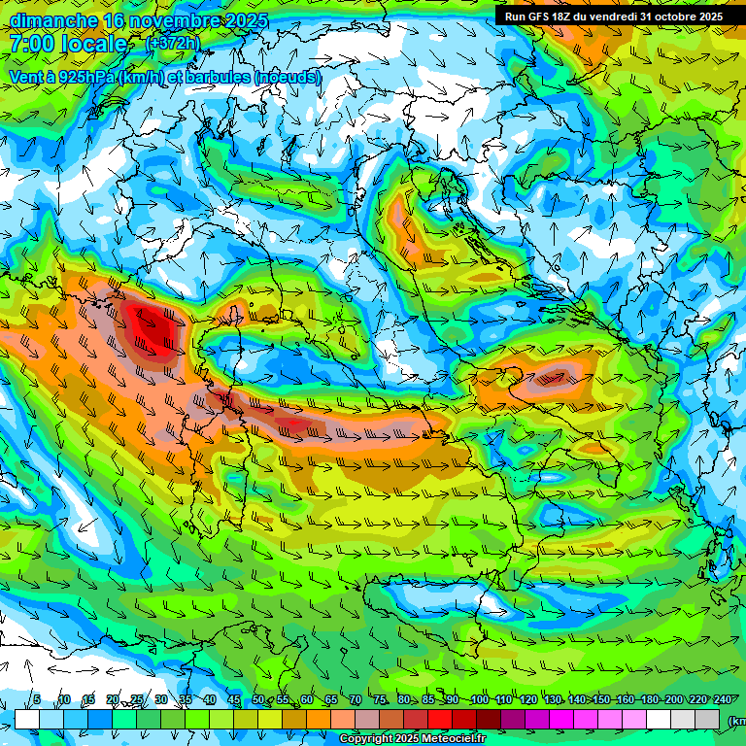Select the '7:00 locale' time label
click(68, 44)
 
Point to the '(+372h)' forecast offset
click(172, 43)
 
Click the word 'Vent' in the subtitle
click(26, 77)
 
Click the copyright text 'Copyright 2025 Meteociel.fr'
click(412, 739)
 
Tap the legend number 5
click(37, 700)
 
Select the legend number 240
click(722, 700)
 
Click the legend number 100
click(479, 700)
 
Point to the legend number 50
click(257, 700)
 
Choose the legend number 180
click(649, 700)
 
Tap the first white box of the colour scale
click(27, 719)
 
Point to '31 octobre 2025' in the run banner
click(681, 16)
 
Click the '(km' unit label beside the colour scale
click(736, 720)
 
